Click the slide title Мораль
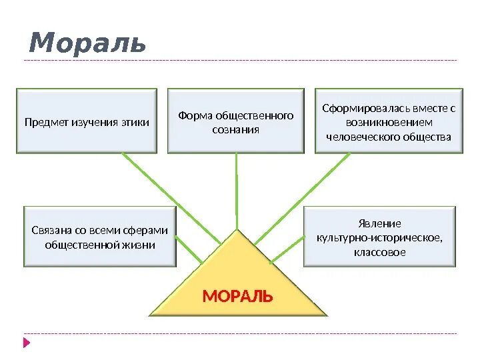tap(87, 43)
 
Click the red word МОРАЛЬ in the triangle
tap(237, 296)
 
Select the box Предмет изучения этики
tap(87, 122)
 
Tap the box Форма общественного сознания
tap(236, 122)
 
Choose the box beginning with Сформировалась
tap(389, 122)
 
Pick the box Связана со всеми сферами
tap(100, 237)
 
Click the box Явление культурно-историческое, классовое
tap(380, 237)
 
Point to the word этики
tap(135, 123)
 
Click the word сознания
tap(236, 129)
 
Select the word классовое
tap(380, 253)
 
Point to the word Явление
tap(380, 223)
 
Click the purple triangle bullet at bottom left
tap(27, 343)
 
